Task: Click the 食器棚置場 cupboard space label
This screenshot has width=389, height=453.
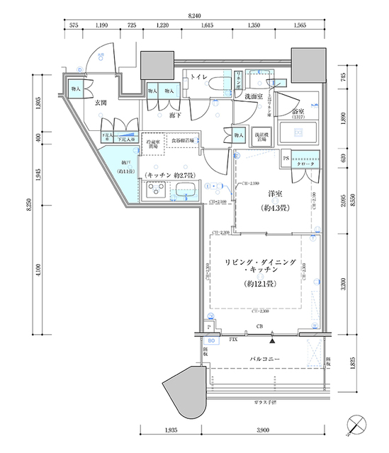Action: tap(183, 142)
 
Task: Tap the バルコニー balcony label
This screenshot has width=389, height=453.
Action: tap(266, 360)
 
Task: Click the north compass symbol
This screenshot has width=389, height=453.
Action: tap(357, 423)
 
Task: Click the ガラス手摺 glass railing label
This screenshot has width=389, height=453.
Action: tap(266, 403)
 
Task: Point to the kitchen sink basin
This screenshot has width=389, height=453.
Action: tap(186, 191)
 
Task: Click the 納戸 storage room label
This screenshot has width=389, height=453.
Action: tap(117, 166)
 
